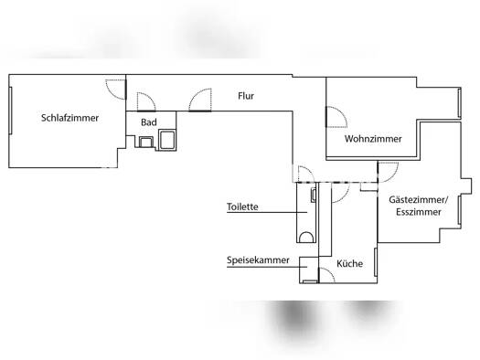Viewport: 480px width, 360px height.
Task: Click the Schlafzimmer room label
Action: pyautogui.click(x=69, y=118)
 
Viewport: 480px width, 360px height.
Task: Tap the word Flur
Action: pyautogui.click(x=246, y=96)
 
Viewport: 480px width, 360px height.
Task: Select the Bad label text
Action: pyautogui.click(x=149, y=122)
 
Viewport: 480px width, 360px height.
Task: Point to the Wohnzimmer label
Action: pyautogui.click(x=373, y=139)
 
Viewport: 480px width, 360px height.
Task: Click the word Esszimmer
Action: pyautogui.click(x=419, y=212)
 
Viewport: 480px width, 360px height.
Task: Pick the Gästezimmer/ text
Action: pyautogui.click(x=419, y=200)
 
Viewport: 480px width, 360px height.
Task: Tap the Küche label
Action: pyautogui.click(x=349, y=264)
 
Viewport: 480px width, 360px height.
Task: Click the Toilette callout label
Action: pyautogui.click(x=242, y=206)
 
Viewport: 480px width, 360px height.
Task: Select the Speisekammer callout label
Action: pyautogui.click(x=258, y=260)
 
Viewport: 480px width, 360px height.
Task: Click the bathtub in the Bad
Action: pyautogui.click(x=167, y=140)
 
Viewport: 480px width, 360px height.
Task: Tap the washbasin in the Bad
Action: pyautogui.click(x=146, y=142)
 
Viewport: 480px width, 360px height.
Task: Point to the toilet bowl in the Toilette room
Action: pyautogui.click(x=306, y=238)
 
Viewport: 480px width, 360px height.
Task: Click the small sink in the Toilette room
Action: pyautogui.click(x=314, y=196)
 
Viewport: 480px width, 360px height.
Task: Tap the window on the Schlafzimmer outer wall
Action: pyautogui.click(x=10, y=111)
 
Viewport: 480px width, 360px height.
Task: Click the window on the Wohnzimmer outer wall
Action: pyautogui.click(x=460, y=102)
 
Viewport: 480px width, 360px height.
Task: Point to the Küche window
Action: pyautogui.click(x=376, y=262)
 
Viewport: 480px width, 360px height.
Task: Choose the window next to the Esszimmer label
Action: pyautogui.click(x=460, y=210)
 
